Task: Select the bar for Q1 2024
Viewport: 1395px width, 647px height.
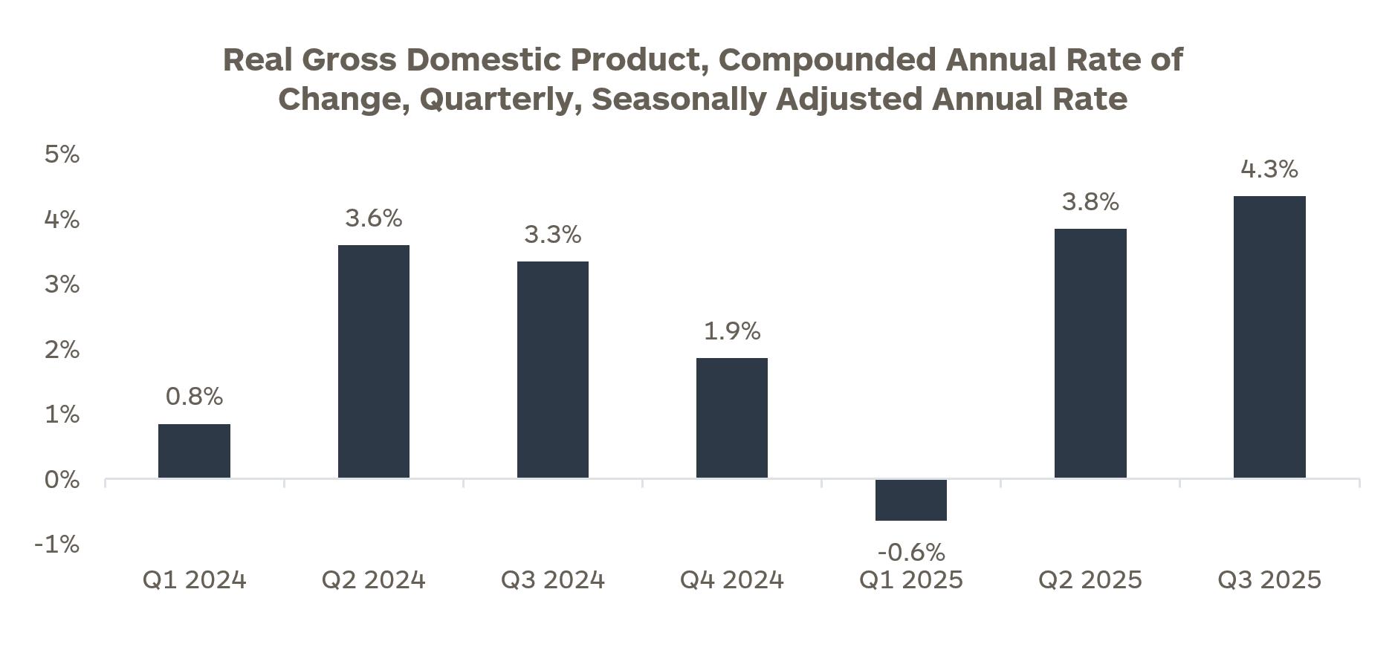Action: pos(194,451)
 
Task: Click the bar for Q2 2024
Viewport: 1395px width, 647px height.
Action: pos(373,362)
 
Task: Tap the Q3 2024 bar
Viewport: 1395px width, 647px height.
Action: pos(552,370)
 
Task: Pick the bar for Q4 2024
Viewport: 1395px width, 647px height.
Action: pos(731,418)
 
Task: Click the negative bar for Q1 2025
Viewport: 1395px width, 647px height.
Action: pos(910,500)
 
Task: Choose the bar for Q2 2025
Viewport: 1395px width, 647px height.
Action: pos(1090,354)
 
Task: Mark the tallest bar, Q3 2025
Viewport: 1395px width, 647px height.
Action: pos(1269,337)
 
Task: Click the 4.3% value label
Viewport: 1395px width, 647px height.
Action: pos(1269,169)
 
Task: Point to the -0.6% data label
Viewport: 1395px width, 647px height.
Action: pos(910,552)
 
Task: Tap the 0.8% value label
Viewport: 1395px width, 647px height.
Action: pos(194,397)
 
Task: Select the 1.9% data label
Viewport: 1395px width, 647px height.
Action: pos(731,331)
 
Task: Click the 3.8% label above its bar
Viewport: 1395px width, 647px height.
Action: pos(1090,202)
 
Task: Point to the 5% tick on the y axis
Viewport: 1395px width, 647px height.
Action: pos(62,155)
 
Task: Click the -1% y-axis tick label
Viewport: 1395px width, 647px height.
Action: pos(56,544)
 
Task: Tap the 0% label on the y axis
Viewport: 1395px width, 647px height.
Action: pos(62,480)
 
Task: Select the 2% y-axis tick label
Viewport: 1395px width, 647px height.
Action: pos(62,350)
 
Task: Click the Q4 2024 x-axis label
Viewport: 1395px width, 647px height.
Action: pos(731,580)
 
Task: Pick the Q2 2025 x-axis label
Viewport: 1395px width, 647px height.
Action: pos(1090,580)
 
